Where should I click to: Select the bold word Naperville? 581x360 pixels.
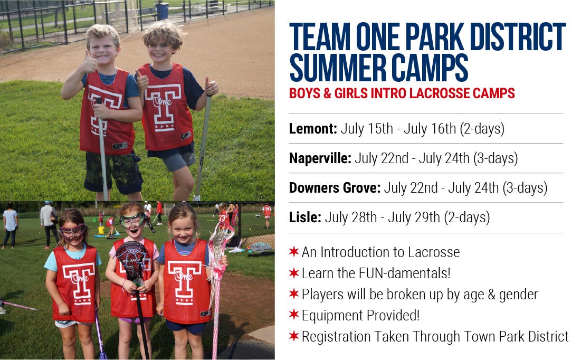click(320, 158)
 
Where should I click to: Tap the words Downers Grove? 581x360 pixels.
click(335, 188)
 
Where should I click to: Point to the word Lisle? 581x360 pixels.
click(304, 217)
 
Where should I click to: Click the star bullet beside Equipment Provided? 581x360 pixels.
click(294, 316)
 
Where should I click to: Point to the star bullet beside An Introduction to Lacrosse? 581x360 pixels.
click(294, 252)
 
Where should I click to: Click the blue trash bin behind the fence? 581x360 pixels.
click(162, 11)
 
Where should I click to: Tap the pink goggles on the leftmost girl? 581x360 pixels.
click(72, 231)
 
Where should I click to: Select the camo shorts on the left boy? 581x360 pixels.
click(112, 172)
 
